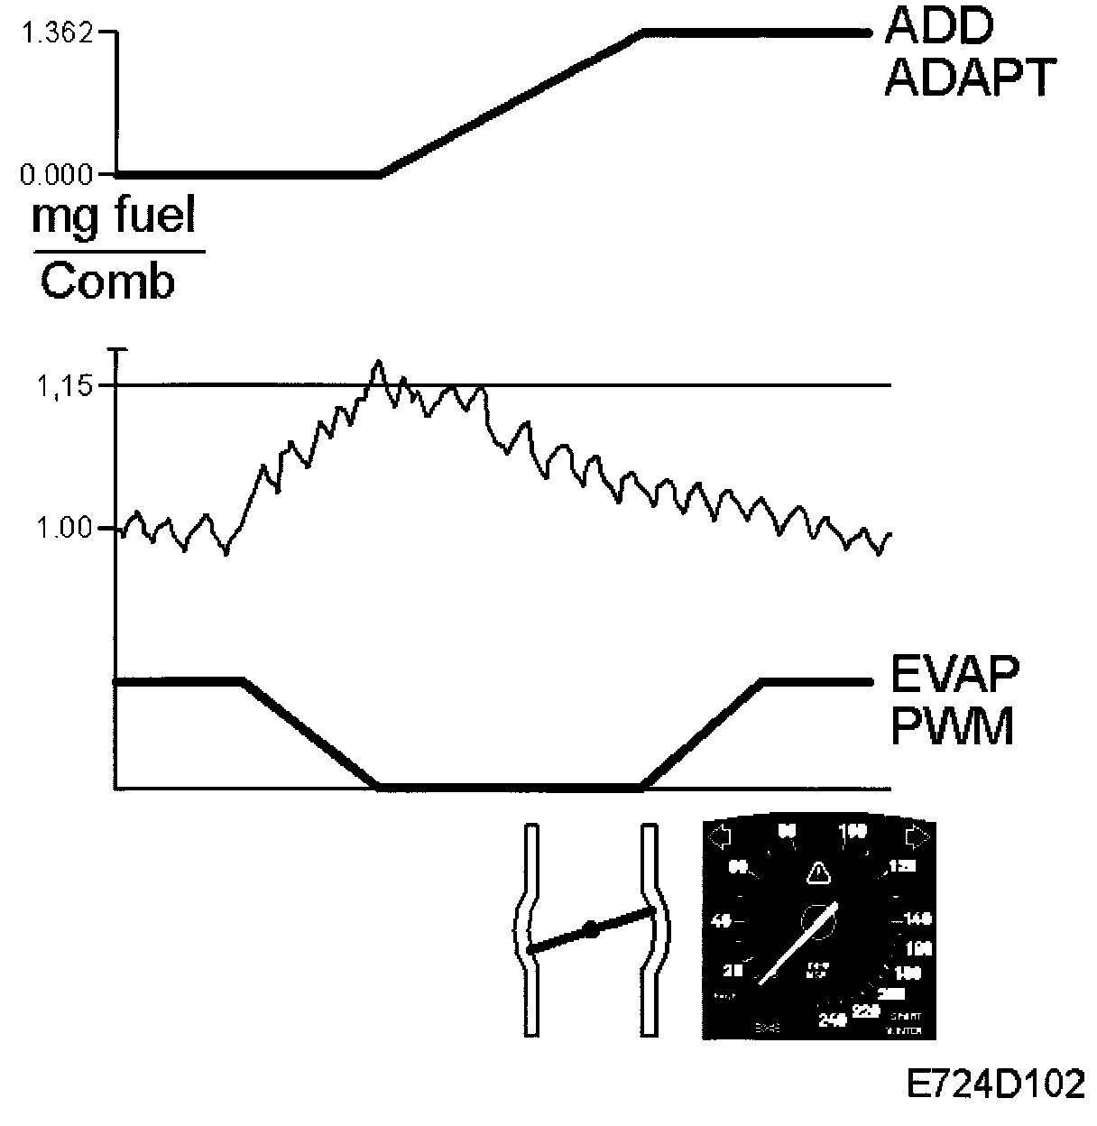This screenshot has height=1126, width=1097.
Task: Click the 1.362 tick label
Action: pos(57,34)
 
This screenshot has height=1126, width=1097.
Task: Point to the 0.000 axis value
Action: pos(57,173)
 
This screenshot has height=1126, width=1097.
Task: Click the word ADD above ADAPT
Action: pos(938,29)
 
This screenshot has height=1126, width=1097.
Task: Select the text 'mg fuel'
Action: pos(114,217)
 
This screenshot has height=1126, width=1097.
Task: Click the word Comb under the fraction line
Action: pos(107,282)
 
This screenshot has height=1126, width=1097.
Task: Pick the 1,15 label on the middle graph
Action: pos(63,387)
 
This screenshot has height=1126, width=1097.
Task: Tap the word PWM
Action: pos(952,726)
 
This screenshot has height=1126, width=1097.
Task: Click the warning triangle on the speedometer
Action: pos(817,872)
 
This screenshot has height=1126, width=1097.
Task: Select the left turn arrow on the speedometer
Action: pos(720,837)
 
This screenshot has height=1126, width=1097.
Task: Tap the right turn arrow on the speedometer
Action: pos(918,836)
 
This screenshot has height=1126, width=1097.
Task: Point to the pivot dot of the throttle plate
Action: pos(590,928)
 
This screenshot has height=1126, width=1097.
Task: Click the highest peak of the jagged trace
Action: pos(379,362)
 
